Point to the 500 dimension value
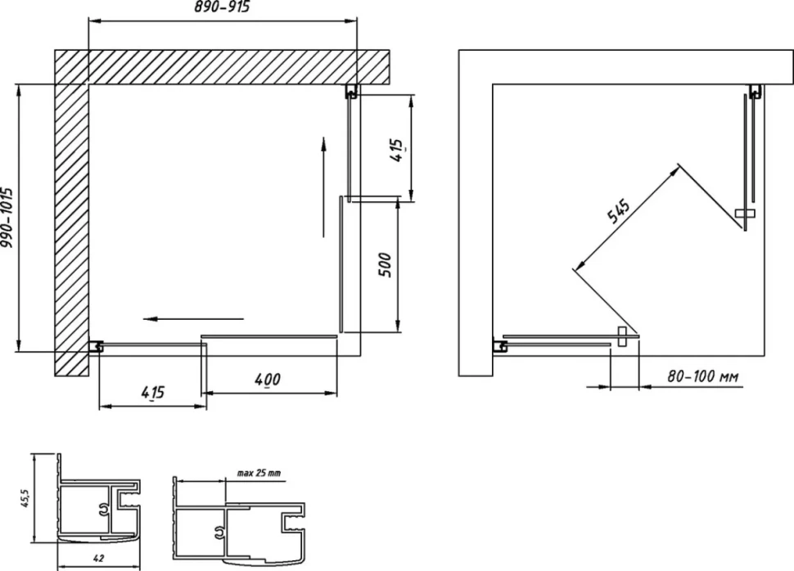click(386, 265)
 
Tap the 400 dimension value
click(267, 380)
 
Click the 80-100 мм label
click(703, 376)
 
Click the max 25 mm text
click(259, 474)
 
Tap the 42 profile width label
click(99, 559)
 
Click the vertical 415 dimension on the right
click(398, 151)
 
